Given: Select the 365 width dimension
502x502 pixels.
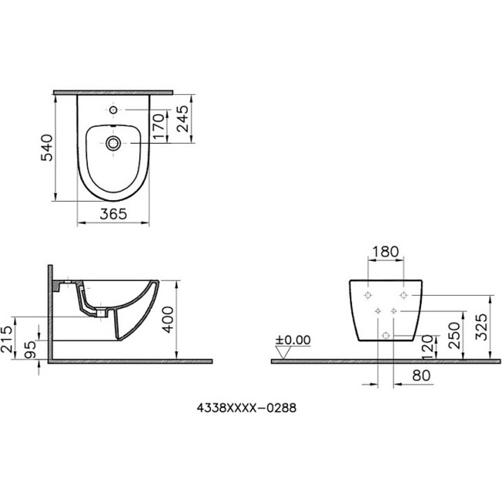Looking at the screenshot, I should pos(114,215).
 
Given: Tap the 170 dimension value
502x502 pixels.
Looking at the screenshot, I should pos(158,127).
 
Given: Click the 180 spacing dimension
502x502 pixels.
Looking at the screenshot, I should pos(385,252).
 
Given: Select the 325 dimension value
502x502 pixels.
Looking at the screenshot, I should pos(481,327).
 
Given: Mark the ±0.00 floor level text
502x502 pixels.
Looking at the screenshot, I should pos(293,340).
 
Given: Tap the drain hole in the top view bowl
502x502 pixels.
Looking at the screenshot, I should pos(114,143).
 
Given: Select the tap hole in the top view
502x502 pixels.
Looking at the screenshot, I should pos(114,110).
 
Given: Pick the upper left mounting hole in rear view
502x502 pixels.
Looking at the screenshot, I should pos(368,297).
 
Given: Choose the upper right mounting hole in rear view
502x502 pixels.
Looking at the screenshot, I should pos(402,297).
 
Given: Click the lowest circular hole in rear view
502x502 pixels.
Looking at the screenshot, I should pos(385,334).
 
